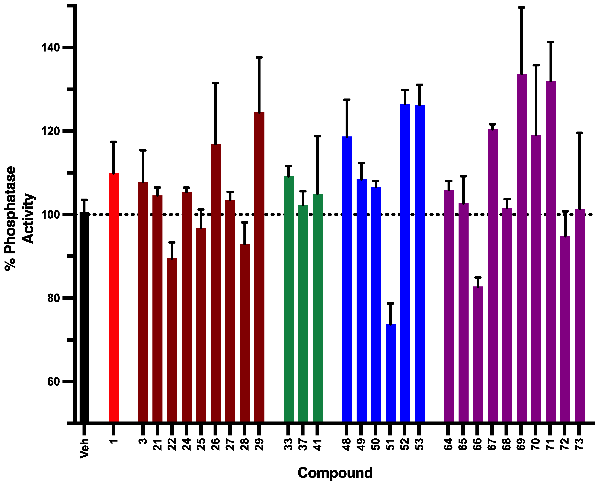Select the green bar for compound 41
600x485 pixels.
(x=318, y=307)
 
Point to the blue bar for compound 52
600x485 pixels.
(x=405, y=263)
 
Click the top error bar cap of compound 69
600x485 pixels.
(x=522, y=7)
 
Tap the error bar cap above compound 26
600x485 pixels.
(x=216, y=83)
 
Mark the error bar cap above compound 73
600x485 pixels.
(x=580, y=133)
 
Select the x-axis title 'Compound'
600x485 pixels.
(x=335, y=473)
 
